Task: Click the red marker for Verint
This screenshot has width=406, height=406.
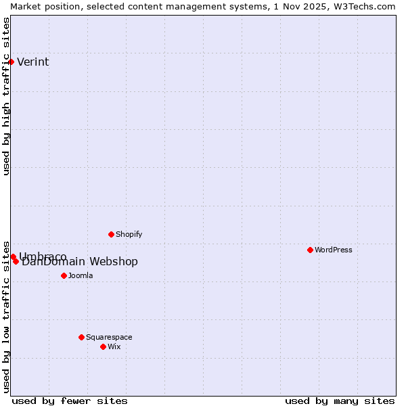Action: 11,62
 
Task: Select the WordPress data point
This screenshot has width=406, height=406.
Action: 310,250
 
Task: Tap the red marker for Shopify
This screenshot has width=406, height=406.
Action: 111,234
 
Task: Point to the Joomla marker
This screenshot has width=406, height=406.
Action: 64,275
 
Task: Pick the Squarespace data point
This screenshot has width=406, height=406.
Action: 81,337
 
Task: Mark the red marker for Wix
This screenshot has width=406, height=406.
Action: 103,346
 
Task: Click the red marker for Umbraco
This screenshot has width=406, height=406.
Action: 13,256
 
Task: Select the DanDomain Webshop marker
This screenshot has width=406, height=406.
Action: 16,261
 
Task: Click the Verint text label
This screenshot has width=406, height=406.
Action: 32,62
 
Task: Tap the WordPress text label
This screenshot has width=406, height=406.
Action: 333,250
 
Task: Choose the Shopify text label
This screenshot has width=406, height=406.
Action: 129,234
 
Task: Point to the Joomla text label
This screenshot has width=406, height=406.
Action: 80,275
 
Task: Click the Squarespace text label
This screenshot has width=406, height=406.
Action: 109,337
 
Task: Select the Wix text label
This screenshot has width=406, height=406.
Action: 114,346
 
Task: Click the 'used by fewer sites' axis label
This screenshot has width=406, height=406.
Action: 70,401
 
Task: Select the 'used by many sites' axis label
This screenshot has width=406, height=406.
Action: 340,401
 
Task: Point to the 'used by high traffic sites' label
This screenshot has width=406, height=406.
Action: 7,96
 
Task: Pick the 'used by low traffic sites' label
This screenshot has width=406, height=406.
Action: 7,317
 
